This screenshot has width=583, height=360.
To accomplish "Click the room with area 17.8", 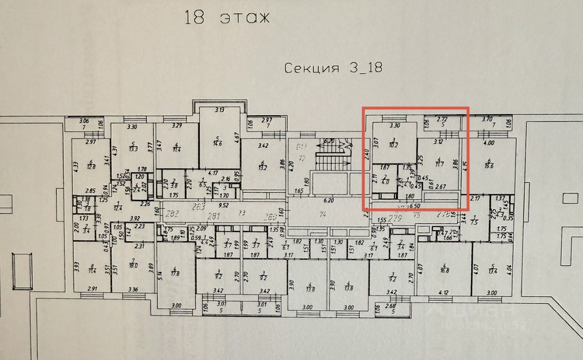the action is point(175,274).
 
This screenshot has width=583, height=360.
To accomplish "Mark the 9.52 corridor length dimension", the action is point(223,205).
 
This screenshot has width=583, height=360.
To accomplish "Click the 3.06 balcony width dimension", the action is point(83,121).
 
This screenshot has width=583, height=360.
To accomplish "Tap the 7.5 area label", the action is point(474,222).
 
